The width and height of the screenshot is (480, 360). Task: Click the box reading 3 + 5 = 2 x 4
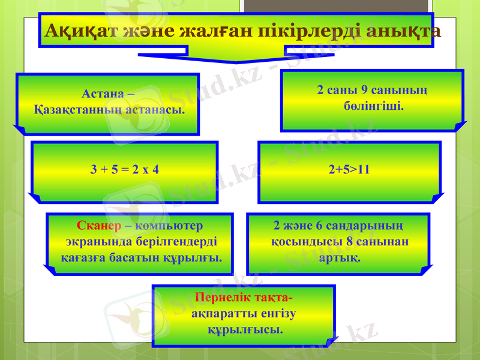pos(125,170)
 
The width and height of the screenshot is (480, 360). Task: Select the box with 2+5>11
pos(349,170)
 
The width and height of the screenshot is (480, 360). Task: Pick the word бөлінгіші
pos(372,106)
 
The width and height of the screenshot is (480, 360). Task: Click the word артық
pos(340,257)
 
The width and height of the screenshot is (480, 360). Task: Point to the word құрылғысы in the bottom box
pos(245,330)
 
